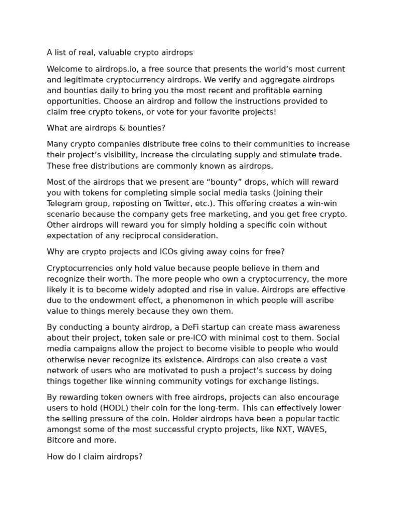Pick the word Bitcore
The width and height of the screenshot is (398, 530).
point(60,440)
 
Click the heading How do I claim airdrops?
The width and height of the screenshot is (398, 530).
point(94,457)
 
